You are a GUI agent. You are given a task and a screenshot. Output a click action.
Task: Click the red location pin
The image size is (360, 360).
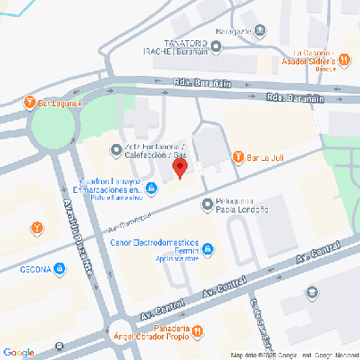tap(180, 167)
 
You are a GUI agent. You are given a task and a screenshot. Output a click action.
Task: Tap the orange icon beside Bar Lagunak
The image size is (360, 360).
tap(30, 101)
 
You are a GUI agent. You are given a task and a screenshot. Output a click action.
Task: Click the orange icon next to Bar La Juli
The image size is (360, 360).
tap(239, 158)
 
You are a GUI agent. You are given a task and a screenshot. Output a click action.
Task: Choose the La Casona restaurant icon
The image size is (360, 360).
tap(342, 52)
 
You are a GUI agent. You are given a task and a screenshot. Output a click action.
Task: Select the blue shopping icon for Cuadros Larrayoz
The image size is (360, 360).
tap(152, 187)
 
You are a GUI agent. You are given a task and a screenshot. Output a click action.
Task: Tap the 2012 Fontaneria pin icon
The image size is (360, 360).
tap(115, 149)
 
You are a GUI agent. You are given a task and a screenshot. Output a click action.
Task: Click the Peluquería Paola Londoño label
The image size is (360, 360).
tap(248, 206)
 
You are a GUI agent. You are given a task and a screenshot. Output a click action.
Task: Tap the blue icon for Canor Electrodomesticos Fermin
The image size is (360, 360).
tap(207, 248)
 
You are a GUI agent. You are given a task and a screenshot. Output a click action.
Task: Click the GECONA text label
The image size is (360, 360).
tap(28, 268)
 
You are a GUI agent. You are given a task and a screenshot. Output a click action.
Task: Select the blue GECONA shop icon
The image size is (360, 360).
tap(59, 267)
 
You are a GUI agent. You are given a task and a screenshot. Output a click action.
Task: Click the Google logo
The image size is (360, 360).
tap(19, 352)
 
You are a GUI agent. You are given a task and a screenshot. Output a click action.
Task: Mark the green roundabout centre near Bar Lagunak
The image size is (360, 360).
tap(49, 126)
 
